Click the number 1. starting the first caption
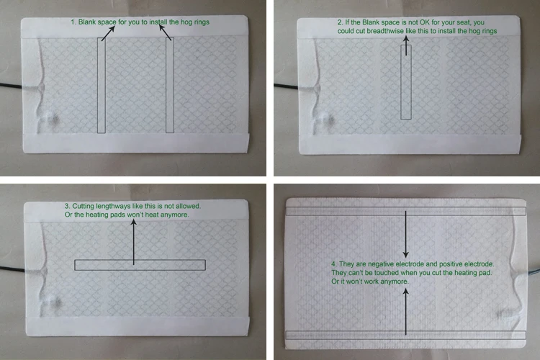pos(73,22)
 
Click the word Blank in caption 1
pos(87,22)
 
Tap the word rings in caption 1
pos(202,22)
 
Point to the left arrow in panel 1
pos(108,33)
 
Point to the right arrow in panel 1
pos(165,32)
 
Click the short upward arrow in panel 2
pos(406,45)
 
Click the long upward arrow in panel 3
pos(134,242)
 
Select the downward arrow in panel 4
pos(405,234)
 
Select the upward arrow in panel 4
pos(405,312)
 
